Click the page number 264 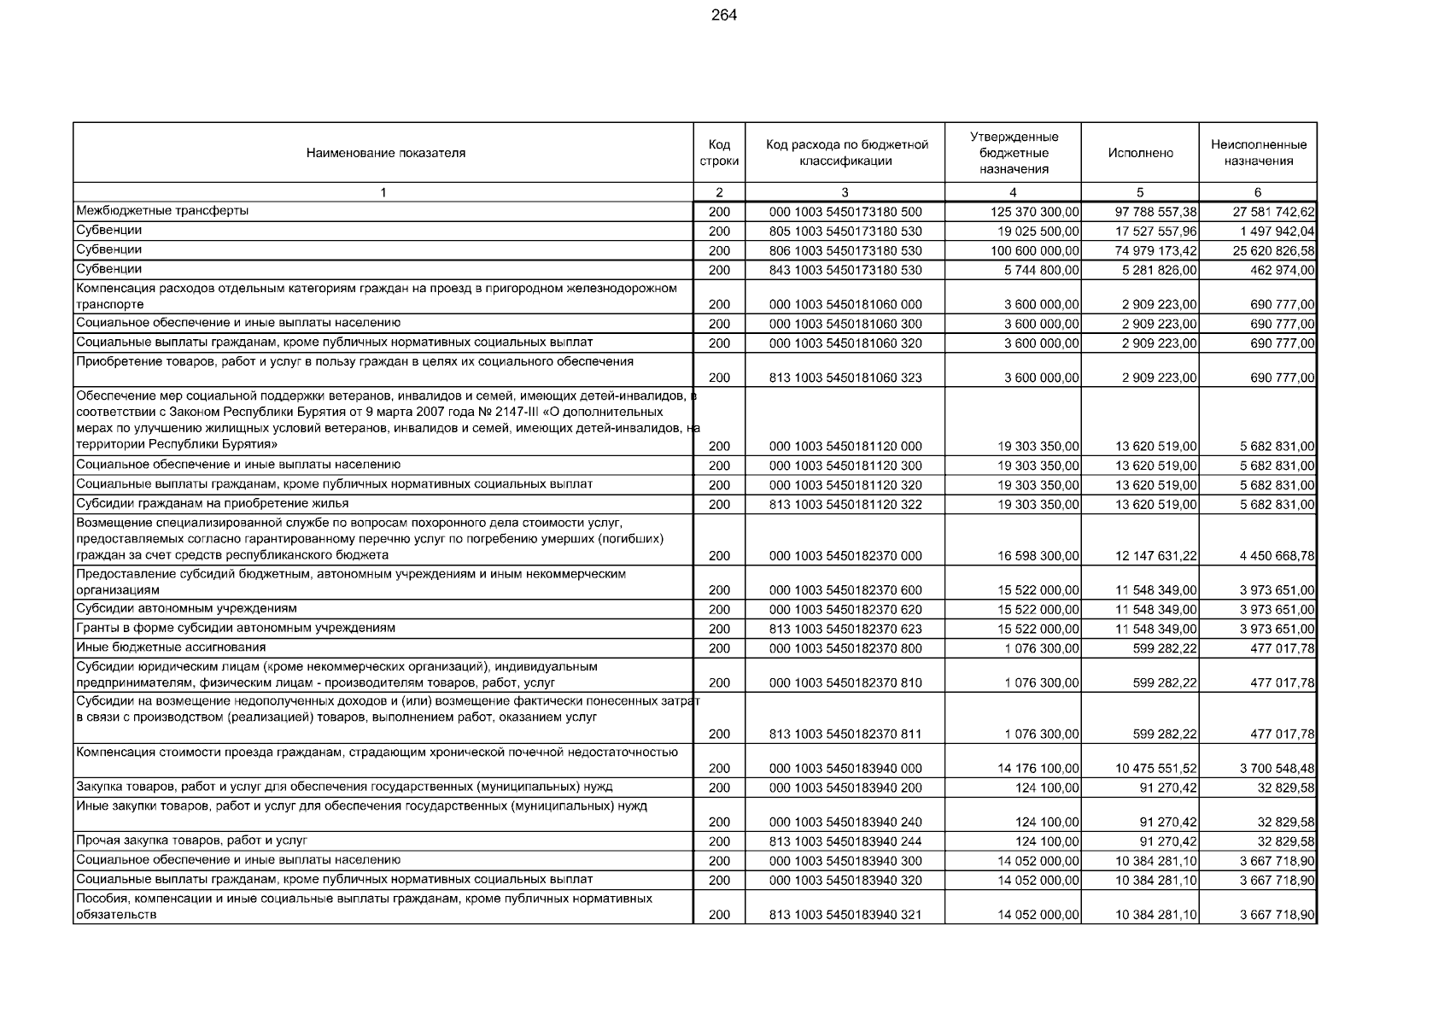[x=723, y=15]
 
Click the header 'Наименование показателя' [x=386, y=153]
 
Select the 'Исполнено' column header [x=1140, y=153]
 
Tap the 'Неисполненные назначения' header [x=1258, y=153]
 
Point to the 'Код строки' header [x=719, y=153]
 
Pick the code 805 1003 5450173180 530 [x=845, y=231]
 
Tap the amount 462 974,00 [x=1283, y=271]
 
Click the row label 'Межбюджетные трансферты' [x=162, y=211]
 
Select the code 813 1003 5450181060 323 [x=845, y=378]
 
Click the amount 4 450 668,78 [x=1277, y=556]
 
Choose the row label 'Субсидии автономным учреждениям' [x=186, y=609]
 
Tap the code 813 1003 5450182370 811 [x=845, y=734]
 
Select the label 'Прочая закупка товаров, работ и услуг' [x=191, y=841]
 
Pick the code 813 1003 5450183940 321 [x=845, y=915]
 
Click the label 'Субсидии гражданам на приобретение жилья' [x=212, y=504]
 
